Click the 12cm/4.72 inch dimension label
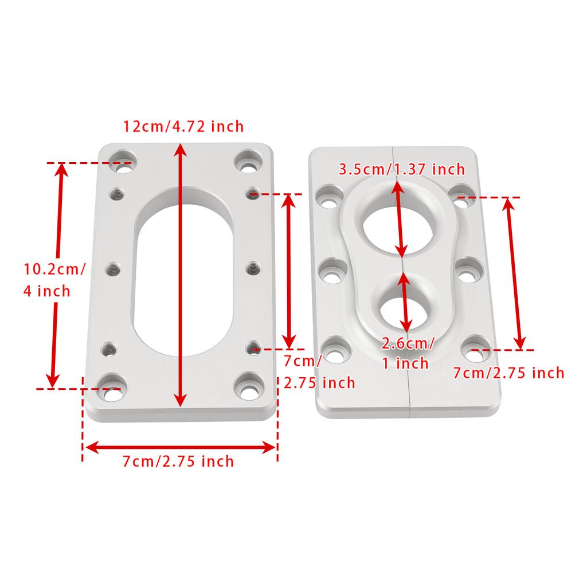pos(183,126)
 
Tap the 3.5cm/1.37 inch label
pos(402,169)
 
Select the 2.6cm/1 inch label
pos(408,353)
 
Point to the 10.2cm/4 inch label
pos(54,279)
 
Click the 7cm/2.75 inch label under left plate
pos(178,461)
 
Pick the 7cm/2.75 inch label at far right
pos(508,373)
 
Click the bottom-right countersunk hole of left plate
pos(249,386)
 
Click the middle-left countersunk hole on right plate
pos(331,271)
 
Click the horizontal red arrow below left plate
pos(180,447)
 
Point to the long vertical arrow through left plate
pos(181,275)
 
